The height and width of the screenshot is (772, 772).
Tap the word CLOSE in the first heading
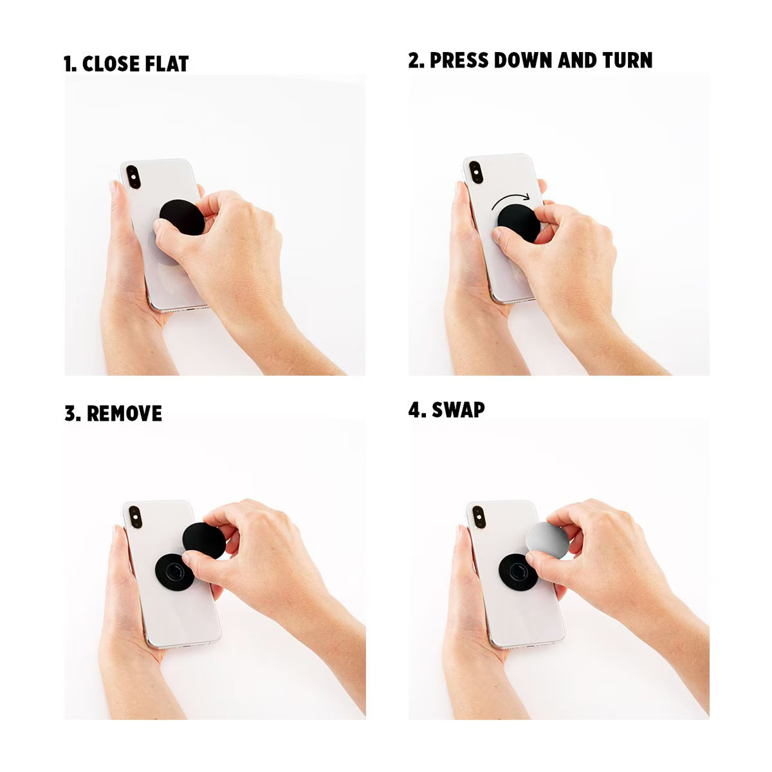point(111,64)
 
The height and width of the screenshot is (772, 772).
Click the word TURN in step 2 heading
point(627,60)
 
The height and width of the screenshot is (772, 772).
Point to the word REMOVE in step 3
point(124,414)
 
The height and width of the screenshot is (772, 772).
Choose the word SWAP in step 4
point(458,410)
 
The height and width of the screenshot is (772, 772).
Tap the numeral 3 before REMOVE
point(70,414)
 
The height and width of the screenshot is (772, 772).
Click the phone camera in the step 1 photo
point(134,177)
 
